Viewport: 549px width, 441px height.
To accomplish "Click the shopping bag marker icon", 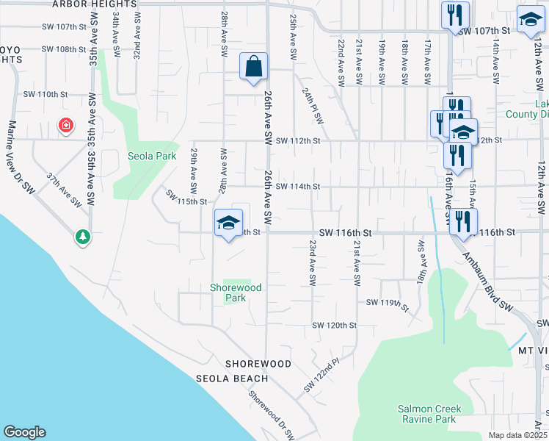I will click(x=252, y=66).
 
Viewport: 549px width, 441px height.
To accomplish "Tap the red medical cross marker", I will click(x=66, y=126).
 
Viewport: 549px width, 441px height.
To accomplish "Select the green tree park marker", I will click(x=83, y=237).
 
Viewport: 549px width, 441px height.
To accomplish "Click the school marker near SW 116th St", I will click(x=228, y=222).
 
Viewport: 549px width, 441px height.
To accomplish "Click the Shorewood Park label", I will click(x=236, y=293).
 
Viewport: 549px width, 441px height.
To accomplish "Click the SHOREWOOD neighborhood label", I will click(x=258, y=364).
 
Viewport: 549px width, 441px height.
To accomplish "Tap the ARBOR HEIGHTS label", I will click(x=95, y=4).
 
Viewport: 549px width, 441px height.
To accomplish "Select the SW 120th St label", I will click(x=334, y=325).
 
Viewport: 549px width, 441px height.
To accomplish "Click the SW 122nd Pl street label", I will click(x=322, y=375).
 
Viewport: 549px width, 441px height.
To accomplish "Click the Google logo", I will click(x=23, y=432).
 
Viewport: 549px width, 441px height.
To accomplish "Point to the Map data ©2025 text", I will click(x=517, y=435).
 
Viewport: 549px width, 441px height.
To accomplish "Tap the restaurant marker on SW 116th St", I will click(x=462, y=221).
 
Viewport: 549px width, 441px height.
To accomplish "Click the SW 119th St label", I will click(x=386, y=303).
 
